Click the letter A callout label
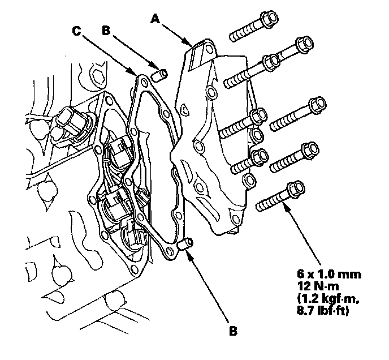click(154, 19)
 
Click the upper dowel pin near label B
click(159, 75)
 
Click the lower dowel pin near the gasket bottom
click(184, 246)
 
